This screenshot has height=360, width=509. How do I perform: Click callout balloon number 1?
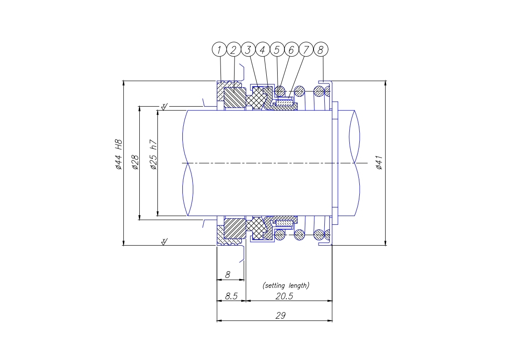219,49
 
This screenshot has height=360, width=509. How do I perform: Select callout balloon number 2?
234,49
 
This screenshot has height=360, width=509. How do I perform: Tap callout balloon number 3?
248,49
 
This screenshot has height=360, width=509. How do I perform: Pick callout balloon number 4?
263,49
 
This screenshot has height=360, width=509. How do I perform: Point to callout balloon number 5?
277,49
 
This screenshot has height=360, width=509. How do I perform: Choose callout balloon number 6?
292,49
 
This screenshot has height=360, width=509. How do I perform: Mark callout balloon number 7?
306,49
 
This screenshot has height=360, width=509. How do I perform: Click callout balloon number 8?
321,49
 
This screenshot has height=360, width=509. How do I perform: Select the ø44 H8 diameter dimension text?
118,154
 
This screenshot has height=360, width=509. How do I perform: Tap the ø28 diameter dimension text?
135,162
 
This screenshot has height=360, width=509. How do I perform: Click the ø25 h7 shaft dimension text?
153,155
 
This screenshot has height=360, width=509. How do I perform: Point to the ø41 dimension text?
379,163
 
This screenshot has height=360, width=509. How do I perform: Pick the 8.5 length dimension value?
231,296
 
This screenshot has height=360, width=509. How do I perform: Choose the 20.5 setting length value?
284,296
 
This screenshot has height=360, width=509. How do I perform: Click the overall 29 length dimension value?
280,315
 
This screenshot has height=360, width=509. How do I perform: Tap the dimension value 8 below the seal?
228,275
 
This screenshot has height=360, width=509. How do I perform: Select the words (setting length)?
286,285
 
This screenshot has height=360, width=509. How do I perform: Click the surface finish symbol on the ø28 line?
164,107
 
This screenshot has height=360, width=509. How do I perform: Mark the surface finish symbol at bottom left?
165,242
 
